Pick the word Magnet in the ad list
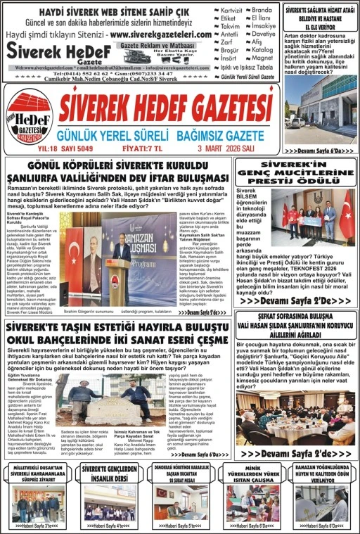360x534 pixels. [263, 58]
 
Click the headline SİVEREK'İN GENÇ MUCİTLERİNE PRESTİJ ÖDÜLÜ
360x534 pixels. [295, 172]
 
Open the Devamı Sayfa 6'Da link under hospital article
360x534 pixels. [319, 151]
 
